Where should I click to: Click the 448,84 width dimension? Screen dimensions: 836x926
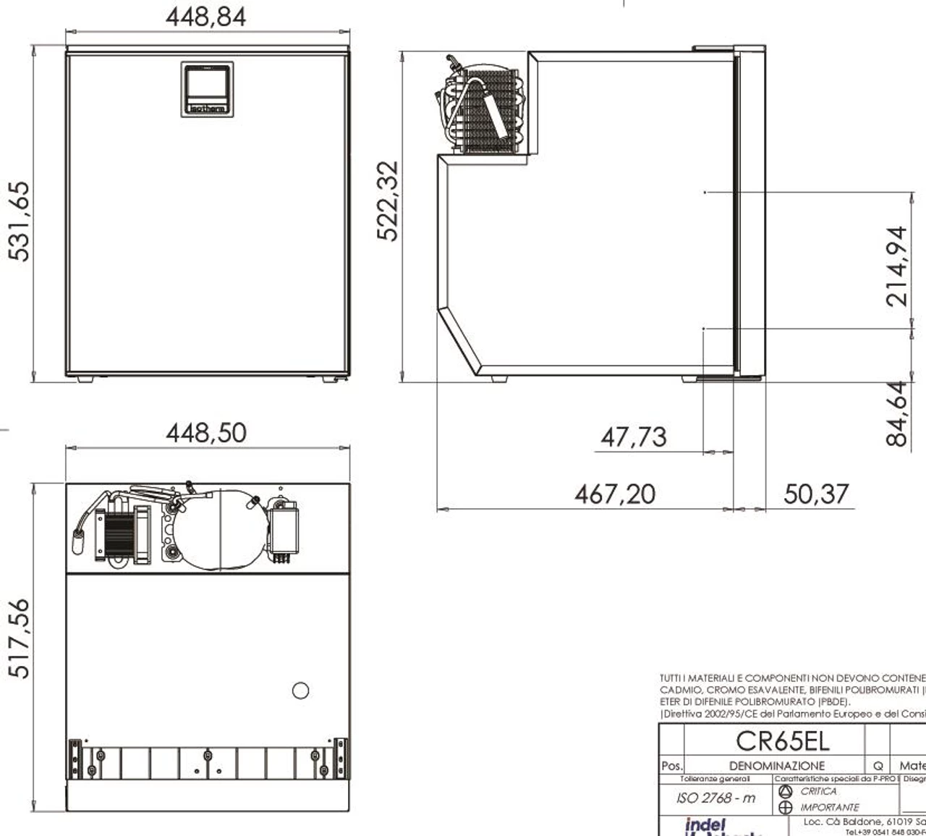pyautogui.click(x=206, y=17)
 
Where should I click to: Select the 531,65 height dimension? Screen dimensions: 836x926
pyautogui.click(x=20, y=221)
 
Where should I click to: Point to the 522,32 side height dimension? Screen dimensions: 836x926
pyautogui.click(x=388, y=200)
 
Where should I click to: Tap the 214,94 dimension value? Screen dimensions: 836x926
pyautogui.click(x=897, y=266)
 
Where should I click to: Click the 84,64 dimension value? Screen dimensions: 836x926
pyautogui.click(x=896, y=413)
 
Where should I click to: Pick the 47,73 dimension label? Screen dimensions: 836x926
pyautogui.click(x=634, y=437)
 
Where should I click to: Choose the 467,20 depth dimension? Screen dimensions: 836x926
pyautogui.click(x=615, y=494)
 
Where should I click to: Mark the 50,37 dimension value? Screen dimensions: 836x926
pyautogui.click(x=816, y=494)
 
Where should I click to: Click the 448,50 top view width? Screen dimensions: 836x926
pyautogui.click(x=206, y=433)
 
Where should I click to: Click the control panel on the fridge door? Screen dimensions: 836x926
pyautogui.click(x=207, y=89)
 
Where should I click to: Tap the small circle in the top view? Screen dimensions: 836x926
pyautogui.click(x=300, y=691)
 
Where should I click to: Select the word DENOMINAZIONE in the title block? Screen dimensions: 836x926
pyautogui.click(x=776, y=766)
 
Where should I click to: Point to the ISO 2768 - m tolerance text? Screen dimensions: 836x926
pyautogui.click(x=715, y=798)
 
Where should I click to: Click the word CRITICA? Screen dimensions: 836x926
pyautogui.click(x=818, y=792)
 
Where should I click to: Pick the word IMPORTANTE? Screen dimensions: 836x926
pyautogui.click(x=829, y=807)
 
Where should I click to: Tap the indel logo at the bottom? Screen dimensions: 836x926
pyautogui.click(x=705, y=825)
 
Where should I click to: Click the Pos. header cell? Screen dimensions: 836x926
pyautogui.click(x=671, y=766)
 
